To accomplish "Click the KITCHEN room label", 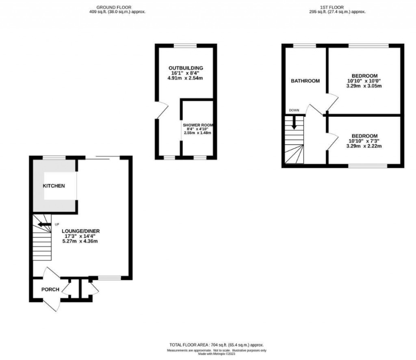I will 54,186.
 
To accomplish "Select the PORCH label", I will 50,290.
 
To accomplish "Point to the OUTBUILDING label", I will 186,68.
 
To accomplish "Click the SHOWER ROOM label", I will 197,125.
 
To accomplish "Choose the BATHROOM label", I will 305,81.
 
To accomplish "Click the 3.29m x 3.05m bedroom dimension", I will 364,86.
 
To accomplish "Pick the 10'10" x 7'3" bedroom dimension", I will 364,141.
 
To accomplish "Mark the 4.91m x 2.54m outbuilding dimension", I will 186,78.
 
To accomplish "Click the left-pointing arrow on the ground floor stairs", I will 42,224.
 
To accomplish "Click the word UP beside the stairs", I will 57,224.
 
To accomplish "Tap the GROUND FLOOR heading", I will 117,7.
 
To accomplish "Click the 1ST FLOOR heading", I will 337,7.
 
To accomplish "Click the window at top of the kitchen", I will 54,157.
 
